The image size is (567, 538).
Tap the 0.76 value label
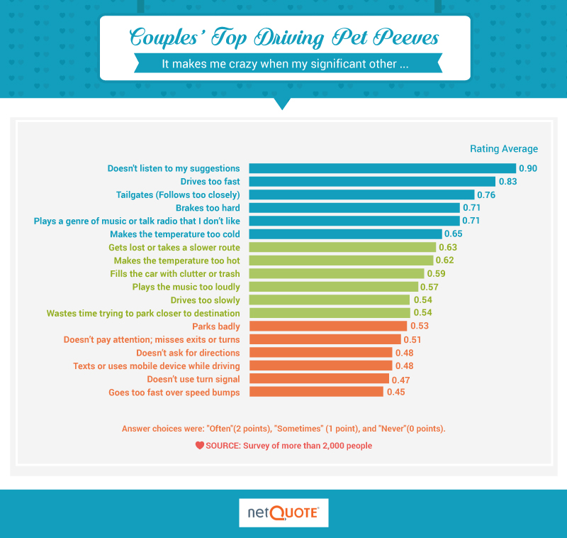tap(485, 194)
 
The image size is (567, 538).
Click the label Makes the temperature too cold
tap(174, 234)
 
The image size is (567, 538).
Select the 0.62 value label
tap(444, 260)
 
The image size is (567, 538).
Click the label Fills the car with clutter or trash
tap(174, 274)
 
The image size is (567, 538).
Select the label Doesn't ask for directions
tap(188, 353)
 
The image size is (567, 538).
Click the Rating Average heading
tap(504, 149)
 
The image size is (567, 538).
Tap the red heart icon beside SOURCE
tap(200, 446)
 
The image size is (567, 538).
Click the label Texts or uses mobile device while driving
tap(156, 366)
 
